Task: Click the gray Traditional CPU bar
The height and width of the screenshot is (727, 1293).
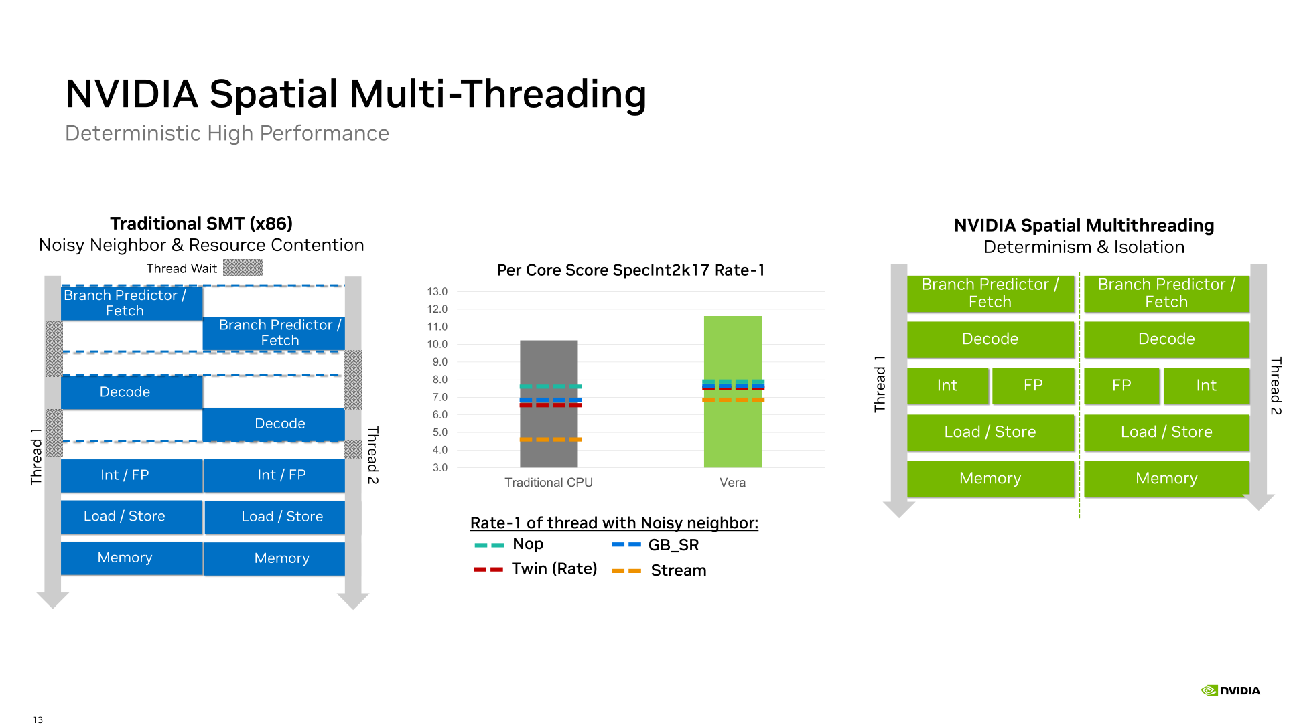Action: [x=549, y=404]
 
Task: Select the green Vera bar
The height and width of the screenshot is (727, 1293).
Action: [x=732, y=392]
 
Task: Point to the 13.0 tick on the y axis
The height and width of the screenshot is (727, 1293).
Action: [x=437, y=291]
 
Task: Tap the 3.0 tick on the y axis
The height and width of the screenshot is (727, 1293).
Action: [x=439, y=467]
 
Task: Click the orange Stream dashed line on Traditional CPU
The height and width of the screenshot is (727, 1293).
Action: [x=551, y=439]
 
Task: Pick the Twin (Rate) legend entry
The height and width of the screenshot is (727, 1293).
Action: [x=535, y=569]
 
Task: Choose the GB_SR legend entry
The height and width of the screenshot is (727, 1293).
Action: [x=655, y=545]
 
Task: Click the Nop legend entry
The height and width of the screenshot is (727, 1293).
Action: [x=509, y=544]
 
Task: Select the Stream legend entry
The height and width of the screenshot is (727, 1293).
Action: [x=659, y=570]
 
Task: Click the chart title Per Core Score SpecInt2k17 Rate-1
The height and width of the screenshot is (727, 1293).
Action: [x=630, y=270]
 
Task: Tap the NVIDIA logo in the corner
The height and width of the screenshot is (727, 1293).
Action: [x=1230, y=690]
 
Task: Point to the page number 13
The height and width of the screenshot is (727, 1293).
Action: [x=38, y=720]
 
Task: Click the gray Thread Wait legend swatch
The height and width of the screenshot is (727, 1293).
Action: [x=243, y=268]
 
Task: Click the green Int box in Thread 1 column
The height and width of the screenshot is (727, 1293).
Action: [x=947, y=386]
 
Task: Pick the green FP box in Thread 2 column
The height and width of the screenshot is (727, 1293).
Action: [x=1121, y=386]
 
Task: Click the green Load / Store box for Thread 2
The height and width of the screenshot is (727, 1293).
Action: [x=1166, y=432]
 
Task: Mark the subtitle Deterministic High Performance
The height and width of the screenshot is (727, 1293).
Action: [x=227, y=133]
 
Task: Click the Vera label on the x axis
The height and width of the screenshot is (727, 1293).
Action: [x=732, y=483]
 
